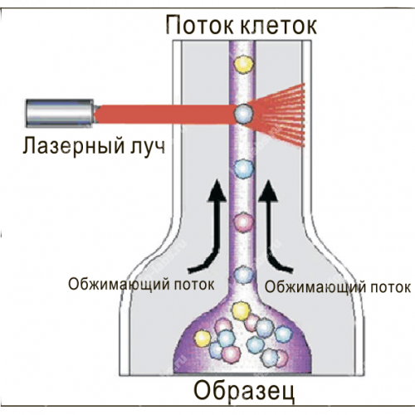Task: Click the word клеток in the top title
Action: tap(279, 26)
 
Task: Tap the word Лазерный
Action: tap(73, 146)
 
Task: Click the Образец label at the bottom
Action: tap(244, 390)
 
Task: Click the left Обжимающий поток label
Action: tap(141, 284)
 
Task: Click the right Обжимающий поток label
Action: tap(338, 287)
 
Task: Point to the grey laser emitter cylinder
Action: tap(60, 113)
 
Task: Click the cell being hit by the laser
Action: tap(243, 114)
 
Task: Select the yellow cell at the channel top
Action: tap(243, 65)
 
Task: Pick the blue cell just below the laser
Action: tap(244, 168)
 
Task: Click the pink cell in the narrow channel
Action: tap(244, 222)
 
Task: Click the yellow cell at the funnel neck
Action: tap(241, 311)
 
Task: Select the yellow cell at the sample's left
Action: tap(203, 339)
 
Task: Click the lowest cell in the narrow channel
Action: tap(243, 275)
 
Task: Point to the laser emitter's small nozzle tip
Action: tap(95, 108)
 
